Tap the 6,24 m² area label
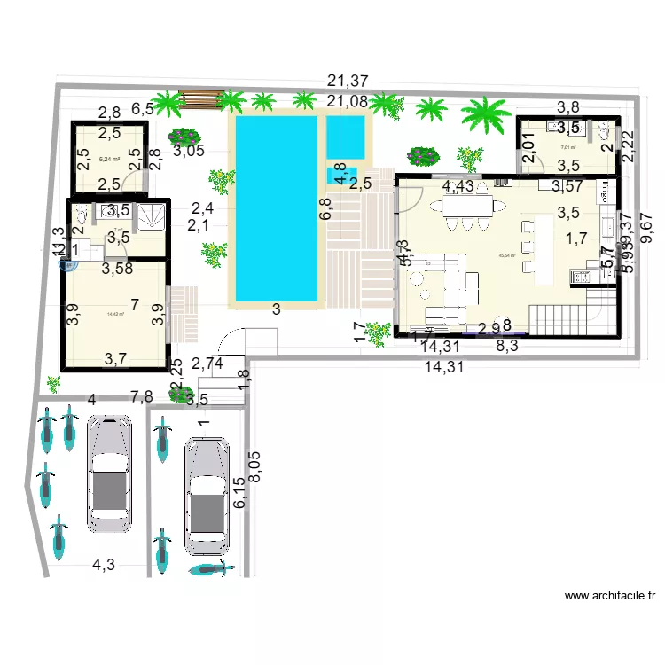(x=111, y=160)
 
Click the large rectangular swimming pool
(x=275, y=211)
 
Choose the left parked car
(x=110, y=473)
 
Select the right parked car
(x=207, y=496)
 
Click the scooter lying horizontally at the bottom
(x=210, y=568)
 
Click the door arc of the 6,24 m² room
(x=133, y=182)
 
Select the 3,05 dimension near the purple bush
(x=189, y=151)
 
